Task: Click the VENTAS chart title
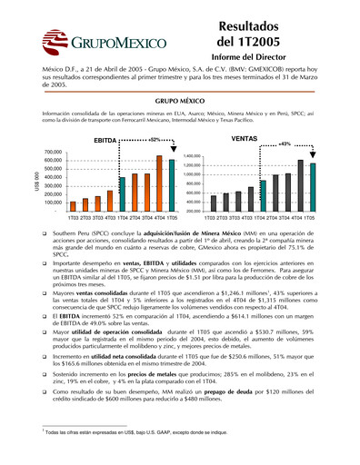click(245, 142)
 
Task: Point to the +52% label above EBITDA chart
click(155, 140)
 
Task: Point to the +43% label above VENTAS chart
click(284, 144)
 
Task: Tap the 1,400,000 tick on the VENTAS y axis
click(188, 156)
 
